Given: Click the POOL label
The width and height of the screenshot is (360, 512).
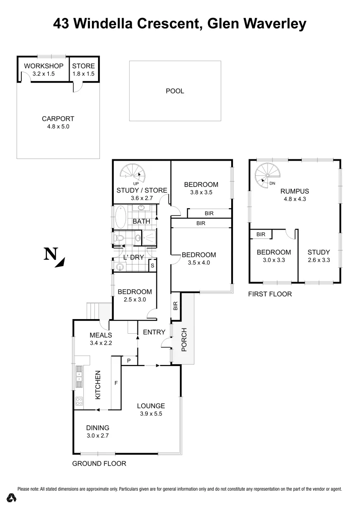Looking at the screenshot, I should click(175, 91).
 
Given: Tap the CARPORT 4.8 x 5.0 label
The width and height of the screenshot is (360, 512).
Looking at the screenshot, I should click(58, 123).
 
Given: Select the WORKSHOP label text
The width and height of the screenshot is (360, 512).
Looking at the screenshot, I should click(44, 66).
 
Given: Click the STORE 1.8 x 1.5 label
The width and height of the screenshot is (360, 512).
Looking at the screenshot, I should click(83, 70).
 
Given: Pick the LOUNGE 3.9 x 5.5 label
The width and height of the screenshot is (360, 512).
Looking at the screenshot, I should click(151, 410).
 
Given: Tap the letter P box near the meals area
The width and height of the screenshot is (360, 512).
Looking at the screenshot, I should click(128, 361).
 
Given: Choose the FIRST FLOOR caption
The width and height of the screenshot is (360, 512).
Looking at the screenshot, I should click(270, 294).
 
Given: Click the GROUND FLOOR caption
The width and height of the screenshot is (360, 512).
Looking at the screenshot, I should click(99, 464).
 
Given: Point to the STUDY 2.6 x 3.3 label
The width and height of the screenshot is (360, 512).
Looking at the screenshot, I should click(318, 256).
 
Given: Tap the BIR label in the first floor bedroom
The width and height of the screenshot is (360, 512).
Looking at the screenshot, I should click(261, 234).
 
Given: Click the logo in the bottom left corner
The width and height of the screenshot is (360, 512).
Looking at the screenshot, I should click(12, 498).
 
